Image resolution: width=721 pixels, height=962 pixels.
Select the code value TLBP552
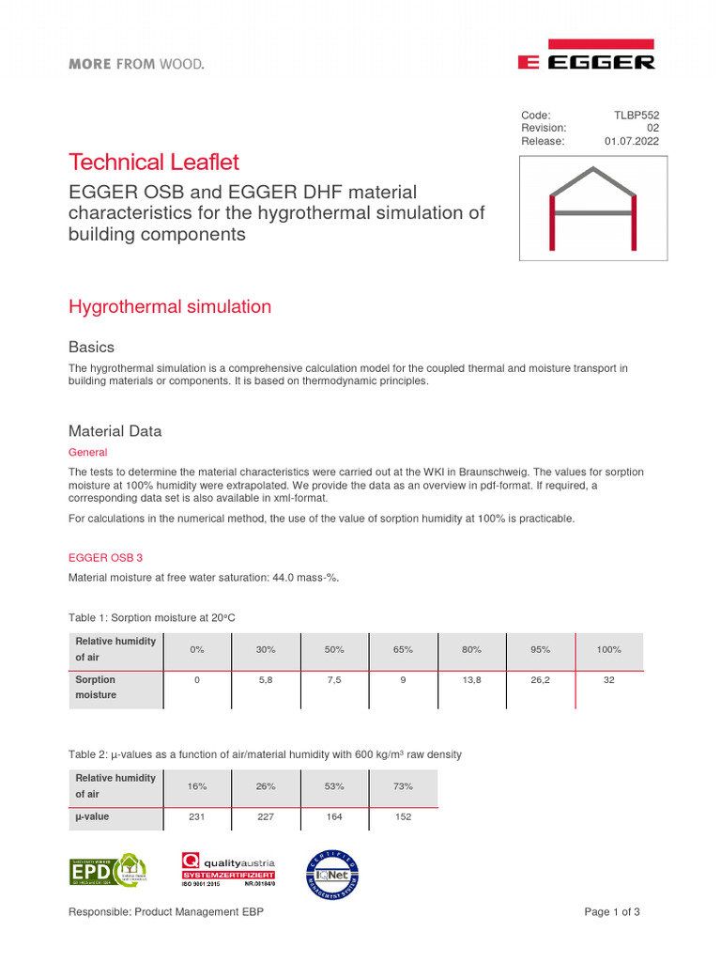637,115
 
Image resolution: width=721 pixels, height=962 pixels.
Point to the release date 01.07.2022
632,141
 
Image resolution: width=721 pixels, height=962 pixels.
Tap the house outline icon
593,208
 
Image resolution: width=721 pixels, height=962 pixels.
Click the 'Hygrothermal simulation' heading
170,306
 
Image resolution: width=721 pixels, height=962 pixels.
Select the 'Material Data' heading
115,431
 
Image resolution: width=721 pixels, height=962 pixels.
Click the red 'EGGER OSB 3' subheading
105,557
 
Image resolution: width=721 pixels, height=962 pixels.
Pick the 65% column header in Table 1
402,650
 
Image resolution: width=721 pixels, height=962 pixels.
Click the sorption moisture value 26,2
540,678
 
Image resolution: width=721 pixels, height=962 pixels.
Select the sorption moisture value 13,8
471,678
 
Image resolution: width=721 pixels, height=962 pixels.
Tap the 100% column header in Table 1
608,650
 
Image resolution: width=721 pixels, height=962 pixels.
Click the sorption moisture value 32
608,678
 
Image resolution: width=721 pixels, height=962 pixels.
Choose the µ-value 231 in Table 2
197,817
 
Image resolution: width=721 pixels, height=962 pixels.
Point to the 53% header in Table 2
334,786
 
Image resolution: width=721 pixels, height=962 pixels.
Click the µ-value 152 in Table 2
403,817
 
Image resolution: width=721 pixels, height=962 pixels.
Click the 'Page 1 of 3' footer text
612,912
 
